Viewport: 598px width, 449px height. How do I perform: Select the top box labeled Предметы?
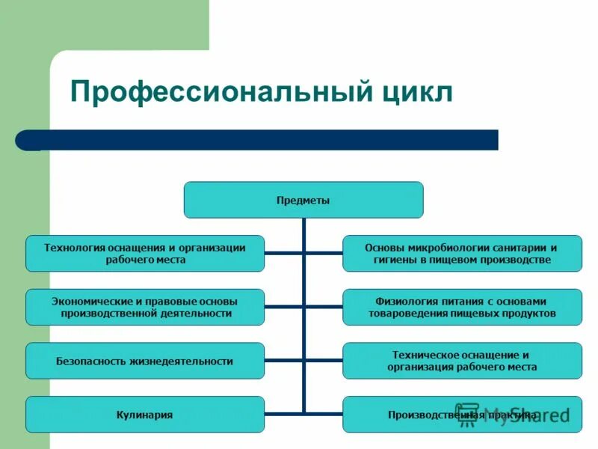pos(303,200)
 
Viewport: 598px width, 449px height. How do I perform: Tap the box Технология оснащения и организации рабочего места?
pos(145,253)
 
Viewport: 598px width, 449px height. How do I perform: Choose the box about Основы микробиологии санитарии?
pos(462,253)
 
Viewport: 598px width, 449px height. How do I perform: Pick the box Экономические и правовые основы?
pos(145,307)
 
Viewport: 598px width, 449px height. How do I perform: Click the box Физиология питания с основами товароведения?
pos(462,307)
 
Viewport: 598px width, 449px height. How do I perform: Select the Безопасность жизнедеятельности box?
pos(145,361)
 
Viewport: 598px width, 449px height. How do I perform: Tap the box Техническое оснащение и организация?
pos(462,361)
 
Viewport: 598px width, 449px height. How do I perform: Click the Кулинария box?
pos(145,414)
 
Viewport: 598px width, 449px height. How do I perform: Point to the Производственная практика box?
pos(462,414)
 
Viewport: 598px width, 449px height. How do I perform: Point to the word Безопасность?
pos(88,361)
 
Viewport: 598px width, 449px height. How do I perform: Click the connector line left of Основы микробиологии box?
pos(324,253)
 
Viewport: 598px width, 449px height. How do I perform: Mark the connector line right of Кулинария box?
pos(284,414)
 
